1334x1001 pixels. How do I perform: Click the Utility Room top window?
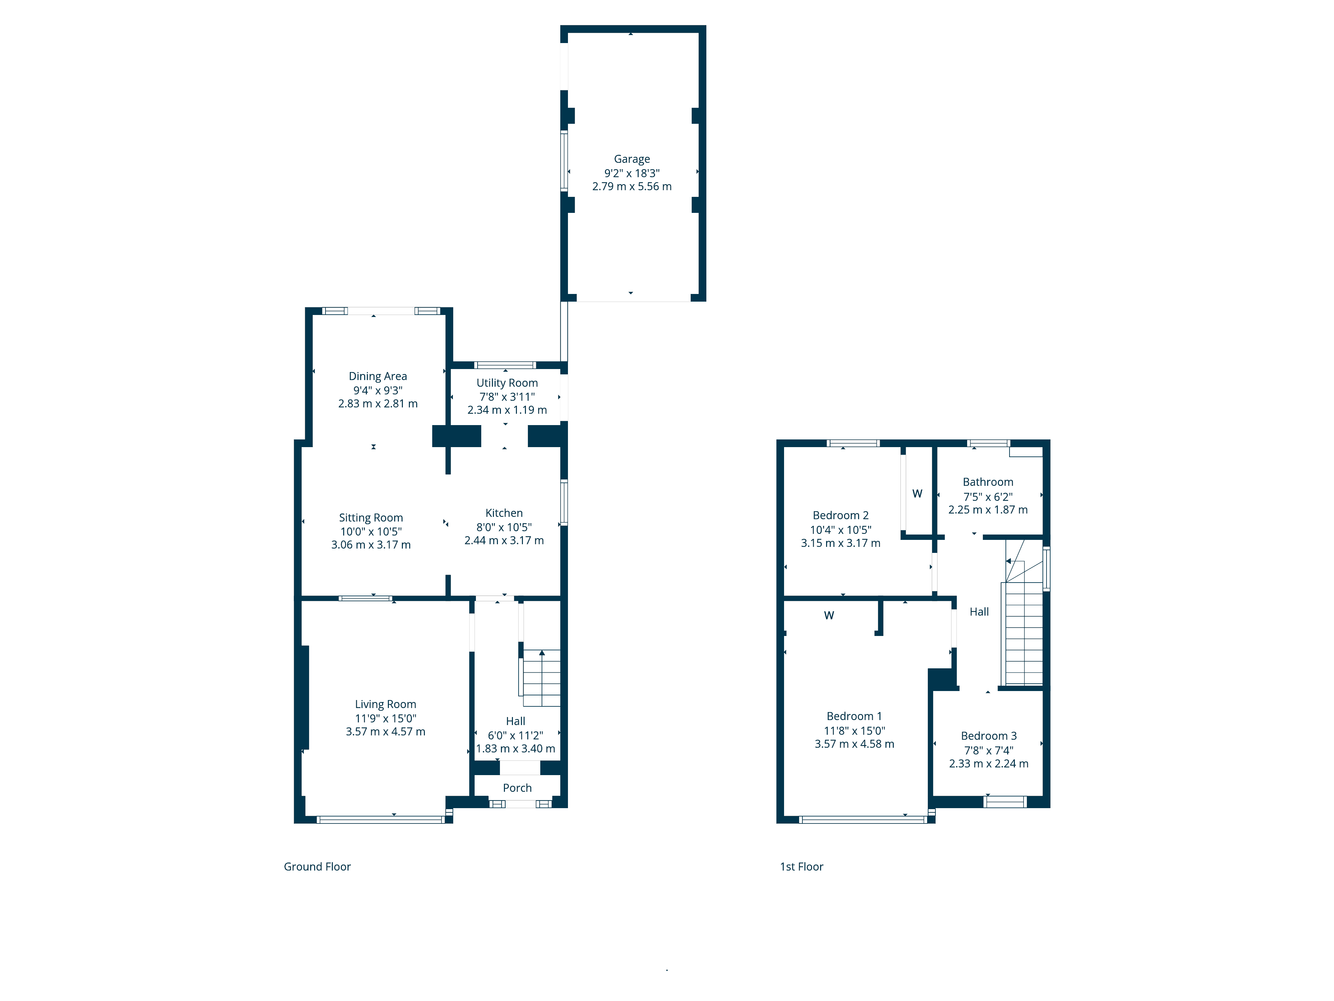tap(505, 365)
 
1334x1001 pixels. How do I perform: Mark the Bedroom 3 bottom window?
tap(1005, 802)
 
